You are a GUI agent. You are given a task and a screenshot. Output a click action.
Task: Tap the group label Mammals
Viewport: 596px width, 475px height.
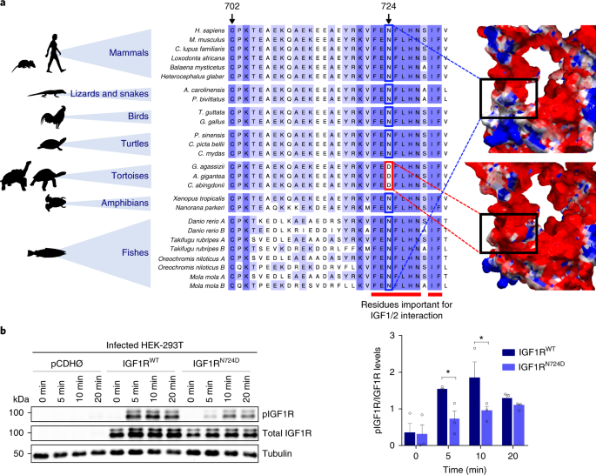coord(128,53)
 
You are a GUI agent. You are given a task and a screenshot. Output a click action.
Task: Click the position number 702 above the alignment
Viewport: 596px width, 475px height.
coord(231,7)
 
